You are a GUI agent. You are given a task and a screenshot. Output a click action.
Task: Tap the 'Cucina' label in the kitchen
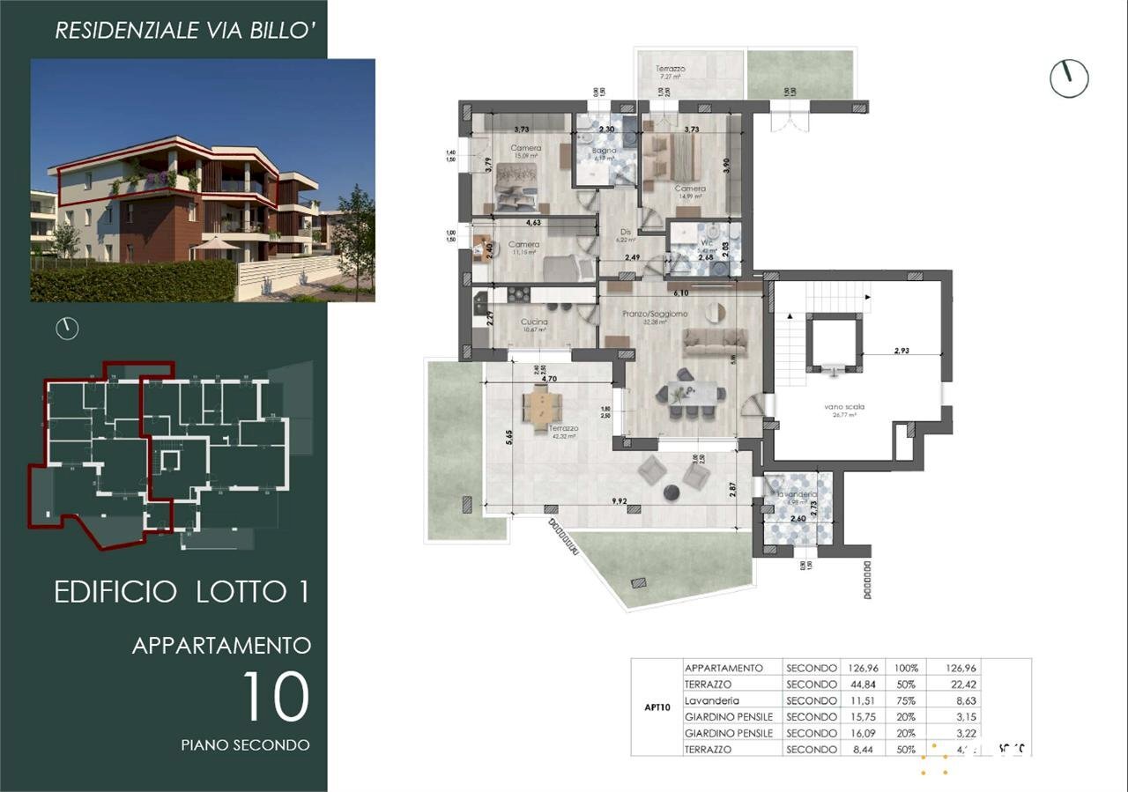coord(534,322)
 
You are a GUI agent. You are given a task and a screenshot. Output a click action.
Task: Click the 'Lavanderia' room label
coord(797,495)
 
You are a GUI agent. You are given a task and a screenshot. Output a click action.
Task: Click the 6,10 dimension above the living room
coord(680,292)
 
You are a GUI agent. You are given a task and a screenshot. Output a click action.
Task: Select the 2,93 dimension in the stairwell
coord(901,351)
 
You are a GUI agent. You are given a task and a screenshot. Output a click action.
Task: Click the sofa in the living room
coord(715,341)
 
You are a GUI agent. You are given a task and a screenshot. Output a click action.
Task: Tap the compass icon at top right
coord(1069,79)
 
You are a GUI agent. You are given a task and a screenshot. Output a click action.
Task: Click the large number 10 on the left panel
coord(275,697)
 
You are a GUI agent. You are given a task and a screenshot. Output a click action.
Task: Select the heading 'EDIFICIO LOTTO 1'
coord(182,592)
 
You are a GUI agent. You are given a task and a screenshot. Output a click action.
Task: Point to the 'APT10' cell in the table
coord(657,707)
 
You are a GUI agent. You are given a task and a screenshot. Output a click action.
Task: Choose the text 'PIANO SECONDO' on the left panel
coord(245,745)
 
